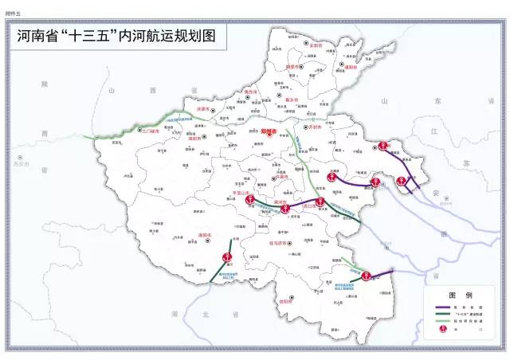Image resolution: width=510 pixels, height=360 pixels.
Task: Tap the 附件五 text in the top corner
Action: point(14,6)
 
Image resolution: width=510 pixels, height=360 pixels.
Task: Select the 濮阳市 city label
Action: point(351,68)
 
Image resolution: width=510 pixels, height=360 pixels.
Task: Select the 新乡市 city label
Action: point(280,100)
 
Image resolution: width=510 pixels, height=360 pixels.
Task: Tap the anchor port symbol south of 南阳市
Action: point(226,256)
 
